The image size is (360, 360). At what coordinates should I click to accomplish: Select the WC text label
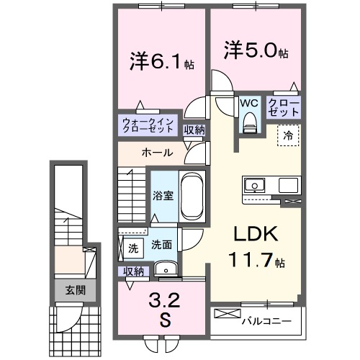coord(249,103)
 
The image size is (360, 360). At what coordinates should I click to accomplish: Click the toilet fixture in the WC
coord(250,123)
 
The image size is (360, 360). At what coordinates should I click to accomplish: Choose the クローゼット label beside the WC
coord(284,107)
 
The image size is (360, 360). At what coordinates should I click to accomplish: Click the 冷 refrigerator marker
coord(287,134)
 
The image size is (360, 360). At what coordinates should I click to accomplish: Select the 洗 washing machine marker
coord(133,248)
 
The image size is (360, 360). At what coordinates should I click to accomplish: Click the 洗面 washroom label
coord(162,246)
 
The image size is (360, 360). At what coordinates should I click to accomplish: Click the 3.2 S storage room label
coord(164,308)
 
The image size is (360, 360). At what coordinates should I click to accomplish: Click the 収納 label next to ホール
coord(194,130)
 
